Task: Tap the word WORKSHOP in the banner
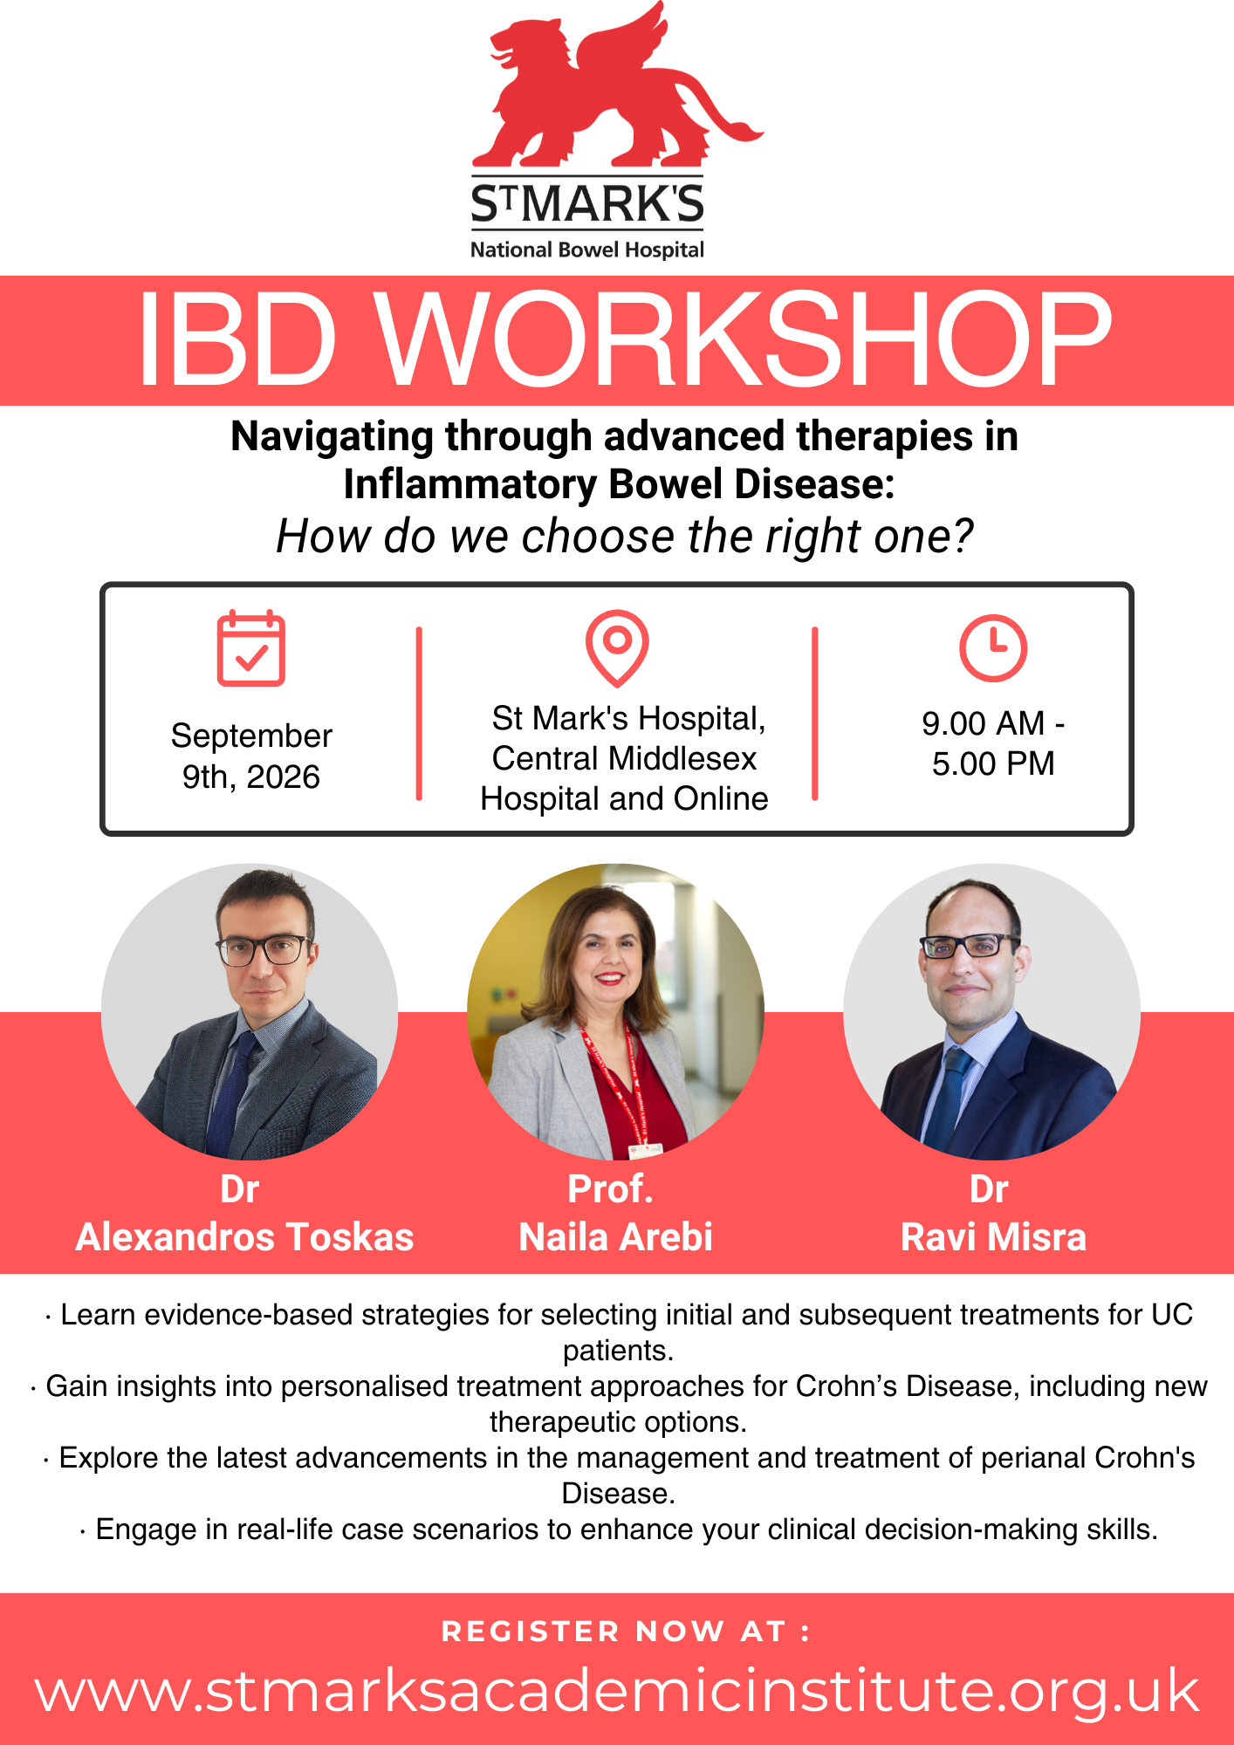tap(745, 340)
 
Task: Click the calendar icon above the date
tap(251, 648)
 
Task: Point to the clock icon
tap(993, 648)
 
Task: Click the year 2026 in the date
tap(283, 777)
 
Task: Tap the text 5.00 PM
tap(993, 763)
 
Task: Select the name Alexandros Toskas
tap(244, 1237)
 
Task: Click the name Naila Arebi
tap(616, 1237)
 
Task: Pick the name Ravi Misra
tap(993, 1237)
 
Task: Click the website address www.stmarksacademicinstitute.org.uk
tap(617, 1691)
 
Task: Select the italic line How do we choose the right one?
tap(625, 536)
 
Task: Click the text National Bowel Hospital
tap(587, 250)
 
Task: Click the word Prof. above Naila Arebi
tap(610, 1188)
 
